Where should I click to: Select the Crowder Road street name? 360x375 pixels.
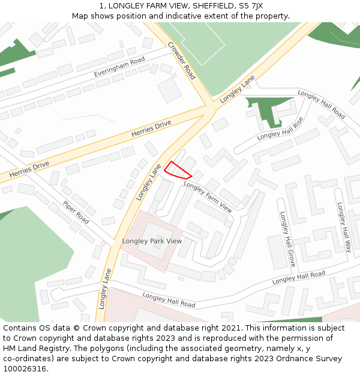pyautogui.click(x=182, y=61)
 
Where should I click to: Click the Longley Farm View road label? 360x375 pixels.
pyautogui.click(x=208, y=197)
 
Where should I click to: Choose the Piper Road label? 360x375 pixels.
pyautogui.click(x=76, y=212)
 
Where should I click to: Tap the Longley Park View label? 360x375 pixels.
pyautogui.click(x=152, y=241)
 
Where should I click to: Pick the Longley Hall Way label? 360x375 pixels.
pyautogui.click(x=344, y=227)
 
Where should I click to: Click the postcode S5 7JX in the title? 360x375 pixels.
pyautogui.click(x=249, y=6)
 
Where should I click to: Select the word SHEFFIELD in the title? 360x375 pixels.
pyautogui.click(x=209, y=6)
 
